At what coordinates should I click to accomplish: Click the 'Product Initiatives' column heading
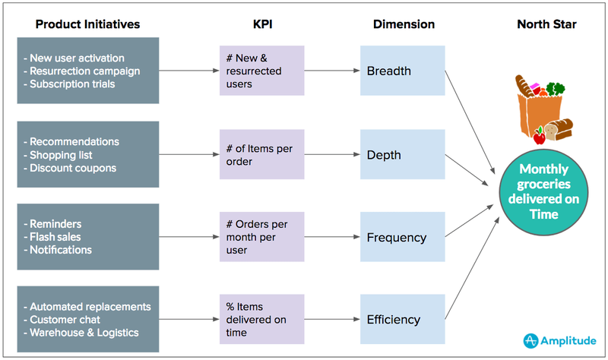[87, 24]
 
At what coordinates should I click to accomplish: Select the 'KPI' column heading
[261, 24]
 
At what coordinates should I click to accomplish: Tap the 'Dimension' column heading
[404, 24]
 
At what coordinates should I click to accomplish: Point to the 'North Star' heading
[546, 24]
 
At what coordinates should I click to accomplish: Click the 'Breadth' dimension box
[401, 71]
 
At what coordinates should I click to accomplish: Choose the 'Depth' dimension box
[401, 154]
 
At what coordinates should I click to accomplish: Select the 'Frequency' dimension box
[401, 237]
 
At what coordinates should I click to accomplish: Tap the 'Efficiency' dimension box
[401, 320]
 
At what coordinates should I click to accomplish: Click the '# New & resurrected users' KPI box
[261, 71]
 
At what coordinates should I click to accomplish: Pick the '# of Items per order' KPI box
[261, 154]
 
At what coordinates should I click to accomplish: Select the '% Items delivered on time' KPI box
[261, 320]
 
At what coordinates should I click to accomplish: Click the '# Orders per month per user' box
[261, 237]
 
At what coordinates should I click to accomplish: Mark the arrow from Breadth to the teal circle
[466, 126]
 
